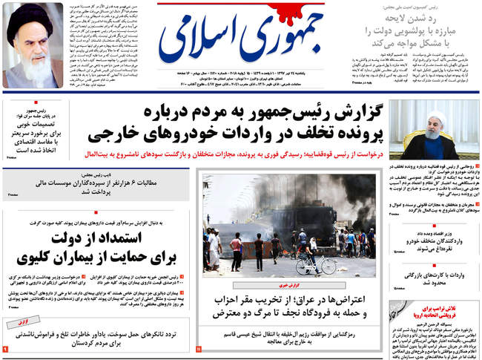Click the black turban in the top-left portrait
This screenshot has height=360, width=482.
point(33,16)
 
